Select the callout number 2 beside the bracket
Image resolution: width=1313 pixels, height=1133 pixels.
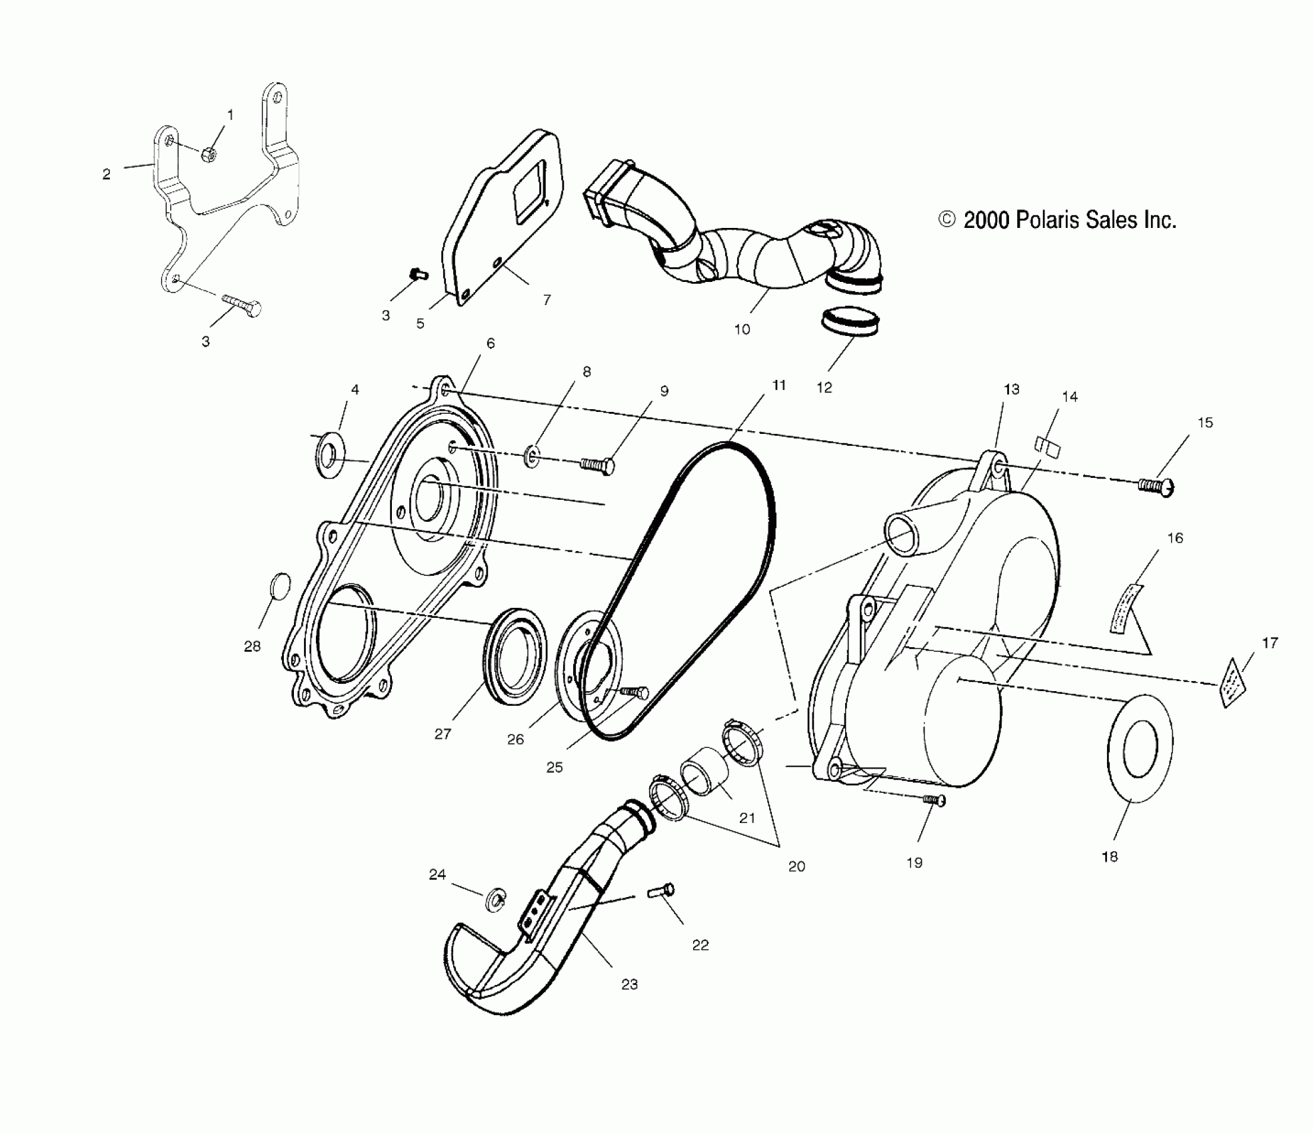[107, 174]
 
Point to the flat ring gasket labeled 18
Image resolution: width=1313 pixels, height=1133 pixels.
[1140, 748]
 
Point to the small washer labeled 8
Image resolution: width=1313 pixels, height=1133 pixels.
[532, 457]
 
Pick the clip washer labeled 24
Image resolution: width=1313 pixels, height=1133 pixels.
[497, 898]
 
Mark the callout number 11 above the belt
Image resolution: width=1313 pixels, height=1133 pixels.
[778, 385]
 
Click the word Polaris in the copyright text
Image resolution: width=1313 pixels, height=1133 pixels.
[1044, 220]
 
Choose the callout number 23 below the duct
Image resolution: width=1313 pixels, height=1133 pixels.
[629, 984]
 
